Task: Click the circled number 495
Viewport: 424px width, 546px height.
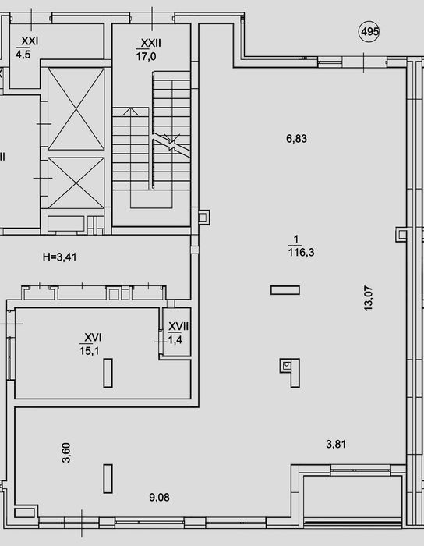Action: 369,32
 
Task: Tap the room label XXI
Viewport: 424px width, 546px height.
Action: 30,41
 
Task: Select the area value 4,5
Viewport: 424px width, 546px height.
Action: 23,55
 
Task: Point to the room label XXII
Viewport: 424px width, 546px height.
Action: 151,43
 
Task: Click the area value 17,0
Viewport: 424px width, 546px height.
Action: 146,56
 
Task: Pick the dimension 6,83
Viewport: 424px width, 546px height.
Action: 296,139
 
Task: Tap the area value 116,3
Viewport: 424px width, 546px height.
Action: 301,252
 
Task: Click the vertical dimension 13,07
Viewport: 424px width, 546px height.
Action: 369,298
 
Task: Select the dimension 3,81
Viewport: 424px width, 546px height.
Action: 336,444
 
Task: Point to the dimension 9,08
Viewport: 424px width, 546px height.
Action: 159,498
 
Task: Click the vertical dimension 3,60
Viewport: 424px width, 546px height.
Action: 66,452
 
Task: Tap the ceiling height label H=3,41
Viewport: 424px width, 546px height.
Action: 60,257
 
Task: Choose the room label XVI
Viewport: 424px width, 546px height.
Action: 94,337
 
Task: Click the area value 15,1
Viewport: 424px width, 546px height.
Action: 90,351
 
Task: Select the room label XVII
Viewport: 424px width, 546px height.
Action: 178,326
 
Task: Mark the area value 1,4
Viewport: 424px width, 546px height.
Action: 175,339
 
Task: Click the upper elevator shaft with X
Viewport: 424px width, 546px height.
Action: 76,109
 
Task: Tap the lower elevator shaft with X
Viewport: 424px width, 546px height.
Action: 76,183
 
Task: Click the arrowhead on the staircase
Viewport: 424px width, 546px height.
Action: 130,112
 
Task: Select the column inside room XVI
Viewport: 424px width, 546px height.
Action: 108,373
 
